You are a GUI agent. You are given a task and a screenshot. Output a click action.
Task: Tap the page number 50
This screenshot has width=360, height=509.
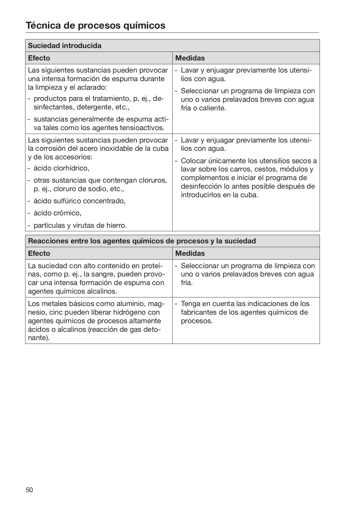(x=29, y=490)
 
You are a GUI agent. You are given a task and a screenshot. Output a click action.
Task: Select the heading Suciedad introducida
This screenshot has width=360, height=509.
(x=65, y=45)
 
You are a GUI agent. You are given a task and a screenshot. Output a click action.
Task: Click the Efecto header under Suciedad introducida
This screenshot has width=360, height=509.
(x=39, y=58)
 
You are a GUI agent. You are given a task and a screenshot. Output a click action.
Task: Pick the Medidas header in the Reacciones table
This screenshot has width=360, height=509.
(x=190, y=253)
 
